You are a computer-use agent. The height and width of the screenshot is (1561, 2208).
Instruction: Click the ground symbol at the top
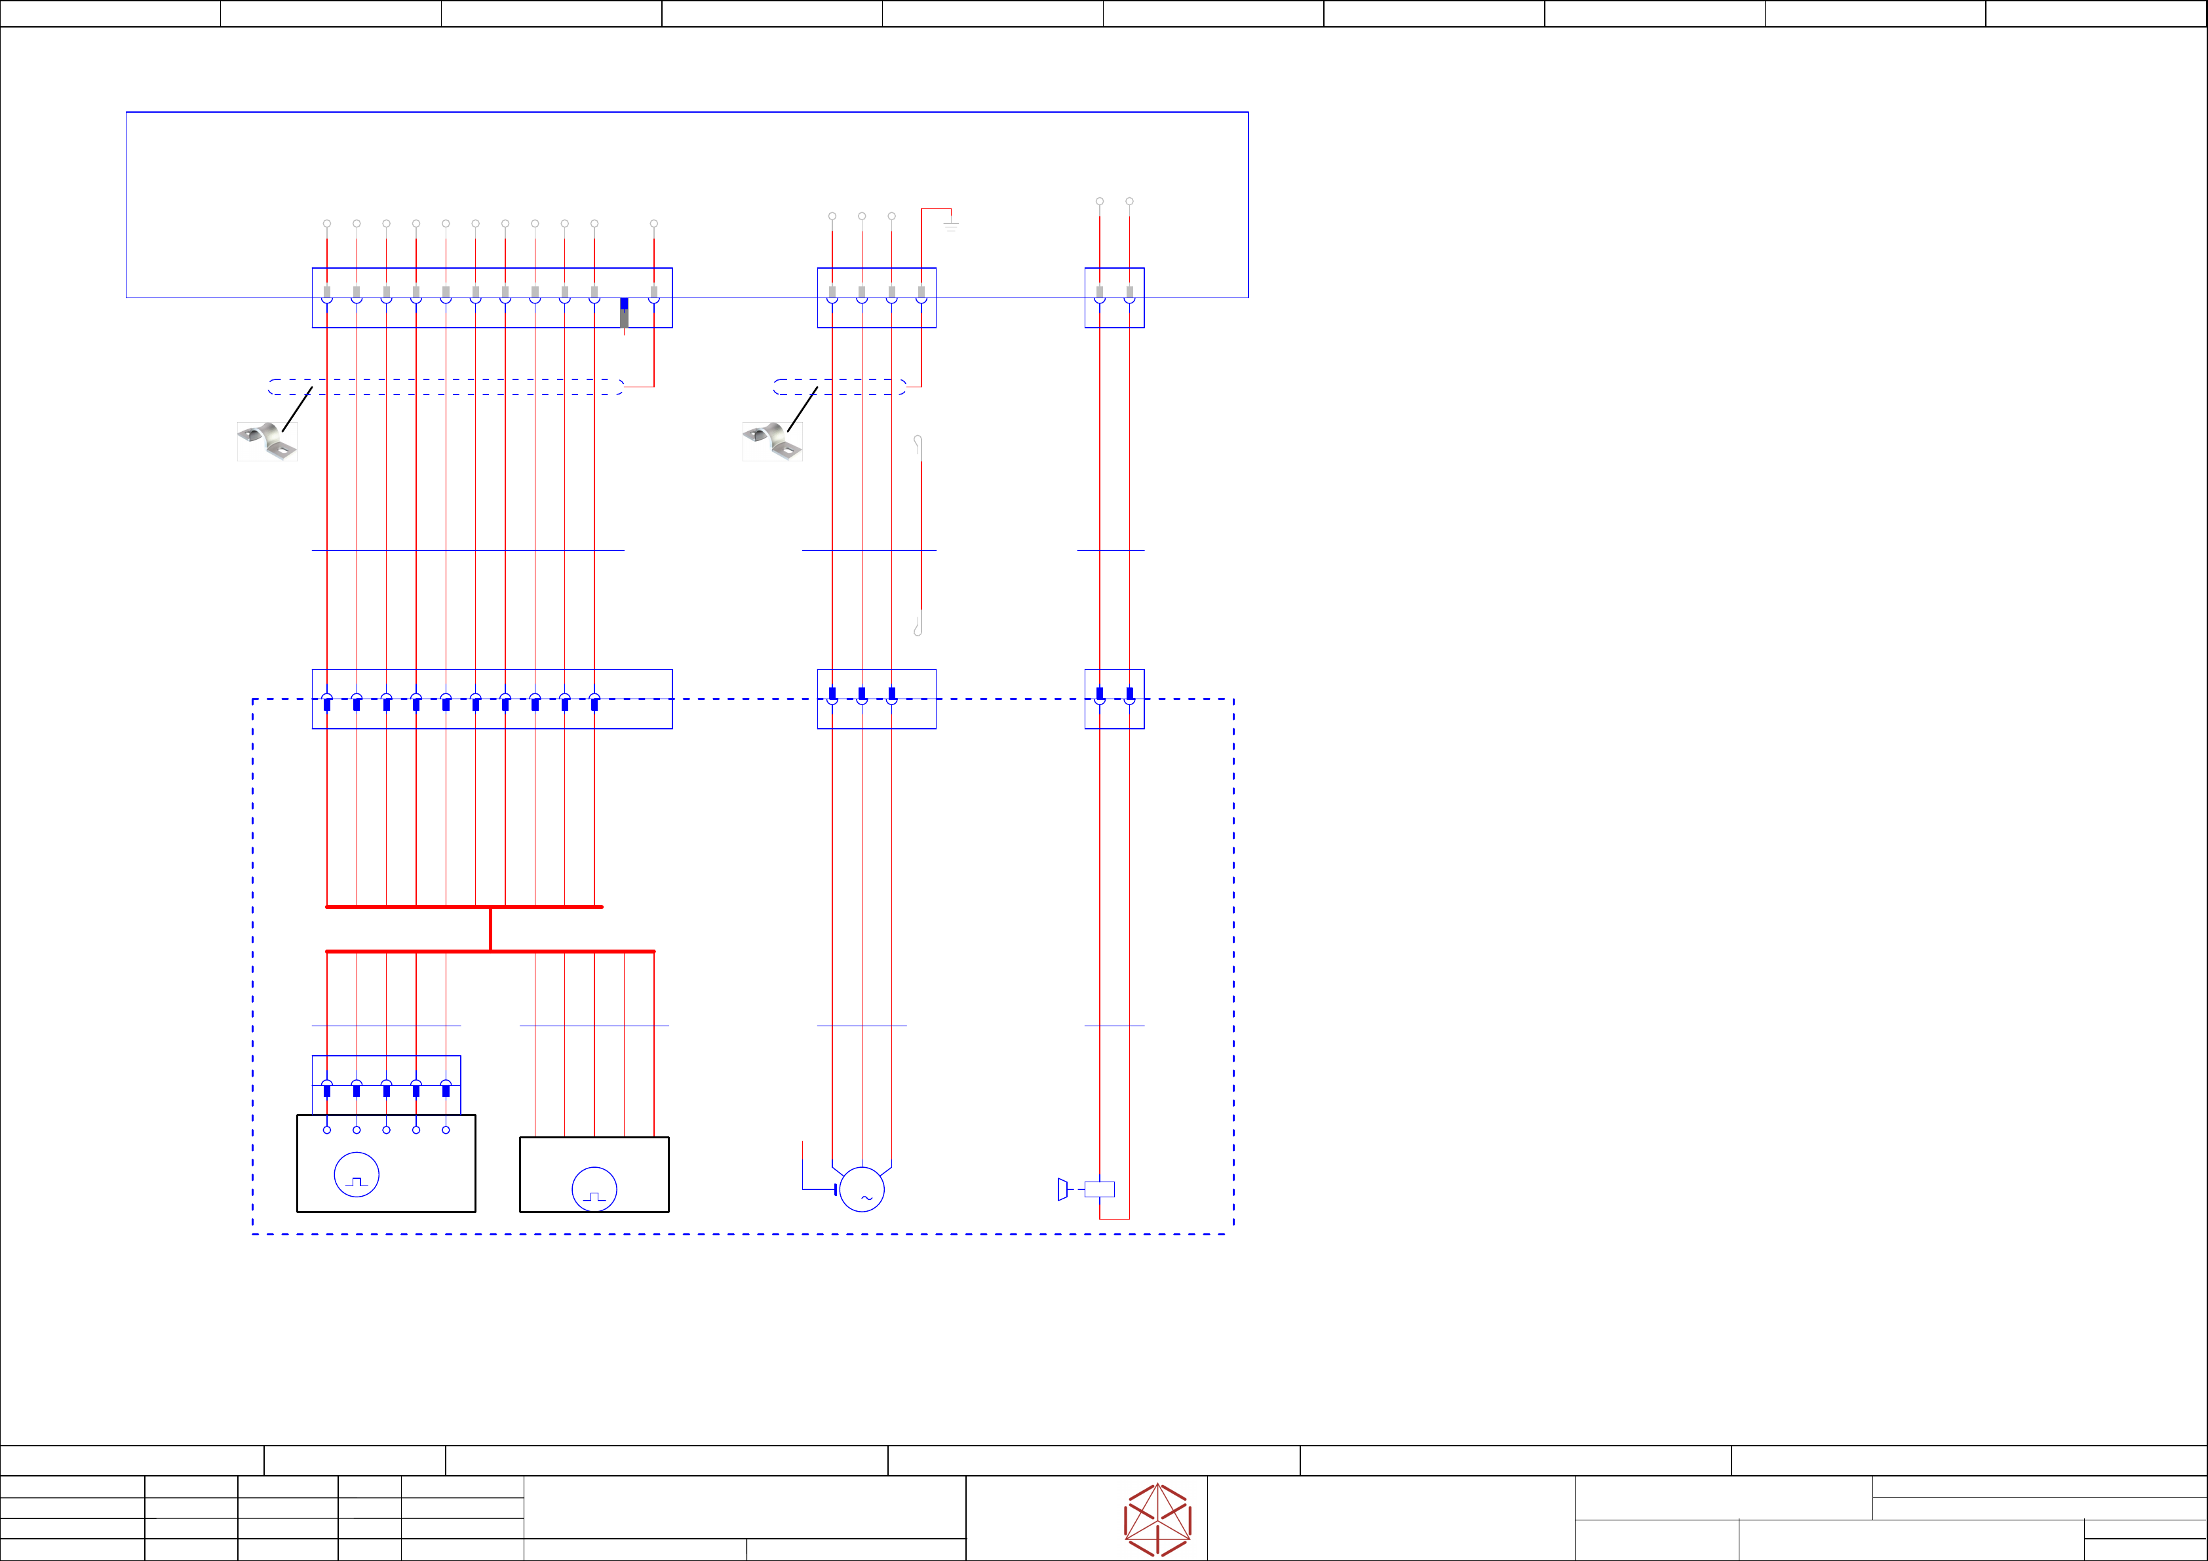pos(950,225)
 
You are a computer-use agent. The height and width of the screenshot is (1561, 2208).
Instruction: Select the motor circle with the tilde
pos(862,1189)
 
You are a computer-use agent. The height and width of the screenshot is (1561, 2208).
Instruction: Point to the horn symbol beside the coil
pos(1062,1189)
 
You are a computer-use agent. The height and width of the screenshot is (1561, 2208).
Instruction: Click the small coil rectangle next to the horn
pos(1099,1189)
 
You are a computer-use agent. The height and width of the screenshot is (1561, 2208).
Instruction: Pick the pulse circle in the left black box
pos(356,1174)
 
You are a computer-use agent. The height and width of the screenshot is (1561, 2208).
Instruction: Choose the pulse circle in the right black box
pos(594,1189)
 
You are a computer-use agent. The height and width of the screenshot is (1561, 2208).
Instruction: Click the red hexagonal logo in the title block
pos(1158,1520)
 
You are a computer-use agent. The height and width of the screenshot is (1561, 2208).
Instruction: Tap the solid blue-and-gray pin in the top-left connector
pos(624,312)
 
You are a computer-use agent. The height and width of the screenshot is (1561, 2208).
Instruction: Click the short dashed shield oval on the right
pos(840,387)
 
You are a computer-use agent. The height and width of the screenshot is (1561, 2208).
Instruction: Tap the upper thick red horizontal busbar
pos(465,907)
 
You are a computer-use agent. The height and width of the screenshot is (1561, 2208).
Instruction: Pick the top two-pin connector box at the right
pos(1115,298)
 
